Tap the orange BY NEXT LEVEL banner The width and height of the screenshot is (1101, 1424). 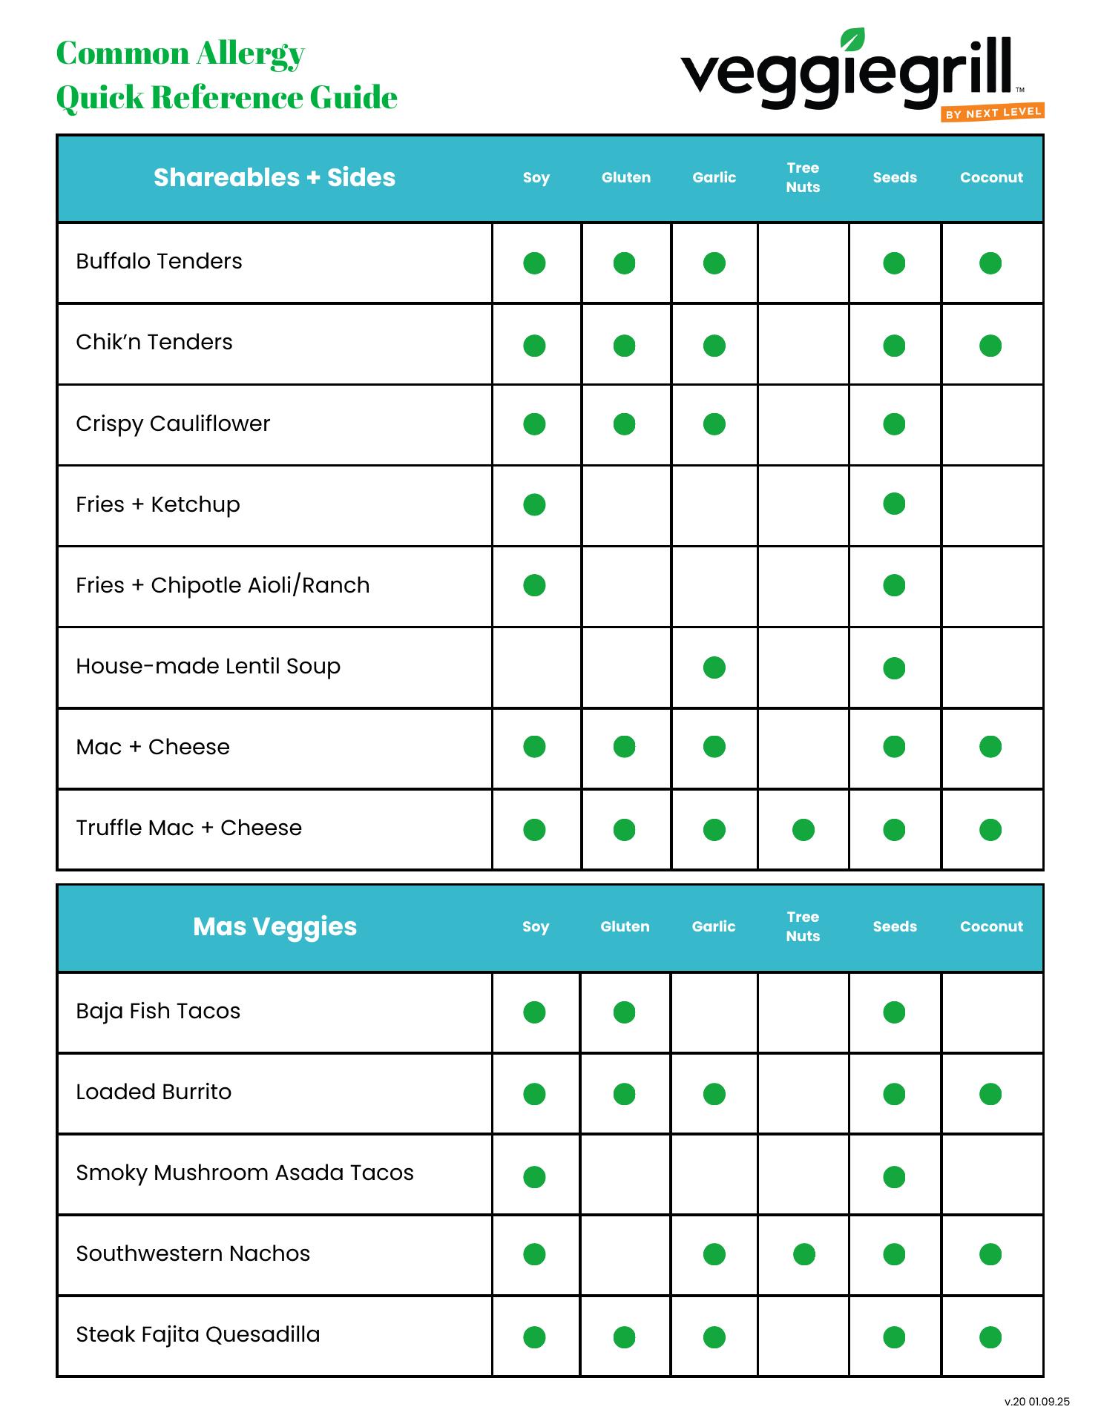(x=993, y=113)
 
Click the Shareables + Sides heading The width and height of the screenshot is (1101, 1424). (x=275, y=177)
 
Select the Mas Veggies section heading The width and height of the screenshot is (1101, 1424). (x=275, y=926)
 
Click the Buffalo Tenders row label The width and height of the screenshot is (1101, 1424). (x=159, y=261)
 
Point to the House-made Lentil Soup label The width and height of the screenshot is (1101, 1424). (x=208, y=666)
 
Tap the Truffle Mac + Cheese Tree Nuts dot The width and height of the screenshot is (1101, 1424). (x=803, y=829)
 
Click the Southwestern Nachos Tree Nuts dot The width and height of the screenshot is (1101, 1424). (x=803, y=1254)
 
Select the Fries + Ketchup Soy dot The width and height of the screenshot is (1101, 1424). (x=534, y=504)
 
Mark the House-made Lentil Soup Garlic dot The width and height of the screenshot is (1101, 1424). (x=714, y=667)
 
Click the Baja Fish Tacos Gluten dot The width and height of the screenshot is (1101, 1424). (x=624, y=1012)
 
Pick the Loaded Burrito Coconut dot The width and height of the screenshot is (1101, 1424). (x=990, y=1094)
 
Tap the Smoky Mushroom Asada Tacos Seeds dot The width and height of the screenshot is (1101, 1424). (x=894, y=1177)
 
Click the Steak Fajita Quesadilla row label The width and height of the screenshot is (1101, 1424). (x=198, y=1334)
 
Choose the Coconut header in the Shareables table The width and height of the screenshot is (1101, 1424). (x=991, y=177)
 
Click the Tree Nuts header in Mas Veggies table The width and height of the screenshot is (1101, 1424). (x=803, y=926)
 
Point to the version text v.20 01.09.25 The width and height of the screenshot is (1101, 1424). (x=1036, y=1402)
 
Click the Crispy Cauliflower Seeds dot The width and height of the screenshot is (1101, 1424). (x=894, y=424)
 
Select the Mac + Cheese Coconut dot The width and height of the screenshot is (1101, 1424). (x=990, y=747)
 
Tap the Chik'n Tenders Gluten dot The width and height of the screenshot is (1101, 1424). (x=624, y=346)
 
